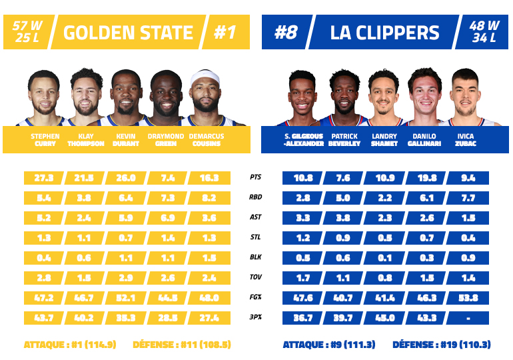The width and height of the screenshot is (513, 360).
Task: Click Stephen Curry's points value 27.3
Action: (44, 178)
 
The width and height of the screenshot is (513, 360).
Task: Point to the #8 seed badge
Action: (284, 33)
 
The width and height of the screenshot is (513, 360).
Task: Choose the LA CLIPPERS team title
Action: (384, 33)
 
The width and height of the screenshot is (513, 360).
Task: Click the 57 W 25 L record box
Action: (27, 33)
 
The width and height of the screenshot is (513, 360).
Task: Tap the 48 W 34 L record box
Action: (484, 33)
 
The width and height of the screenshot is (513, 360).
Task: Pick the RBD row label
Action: (255, 198)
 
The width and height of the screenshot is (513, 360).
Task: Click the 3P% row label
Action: (255, 318)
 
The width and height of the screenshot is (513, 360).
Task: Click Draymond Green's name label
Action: (167, 140)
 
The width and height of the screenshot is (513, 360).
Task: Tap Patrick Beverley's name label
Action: (344, 140)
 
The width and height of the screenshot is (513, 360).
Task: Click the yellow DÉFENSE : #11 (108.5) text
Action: (182, 345)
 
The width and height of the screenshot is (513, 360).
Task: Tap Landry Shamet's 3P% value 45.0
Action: (386, 318)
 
